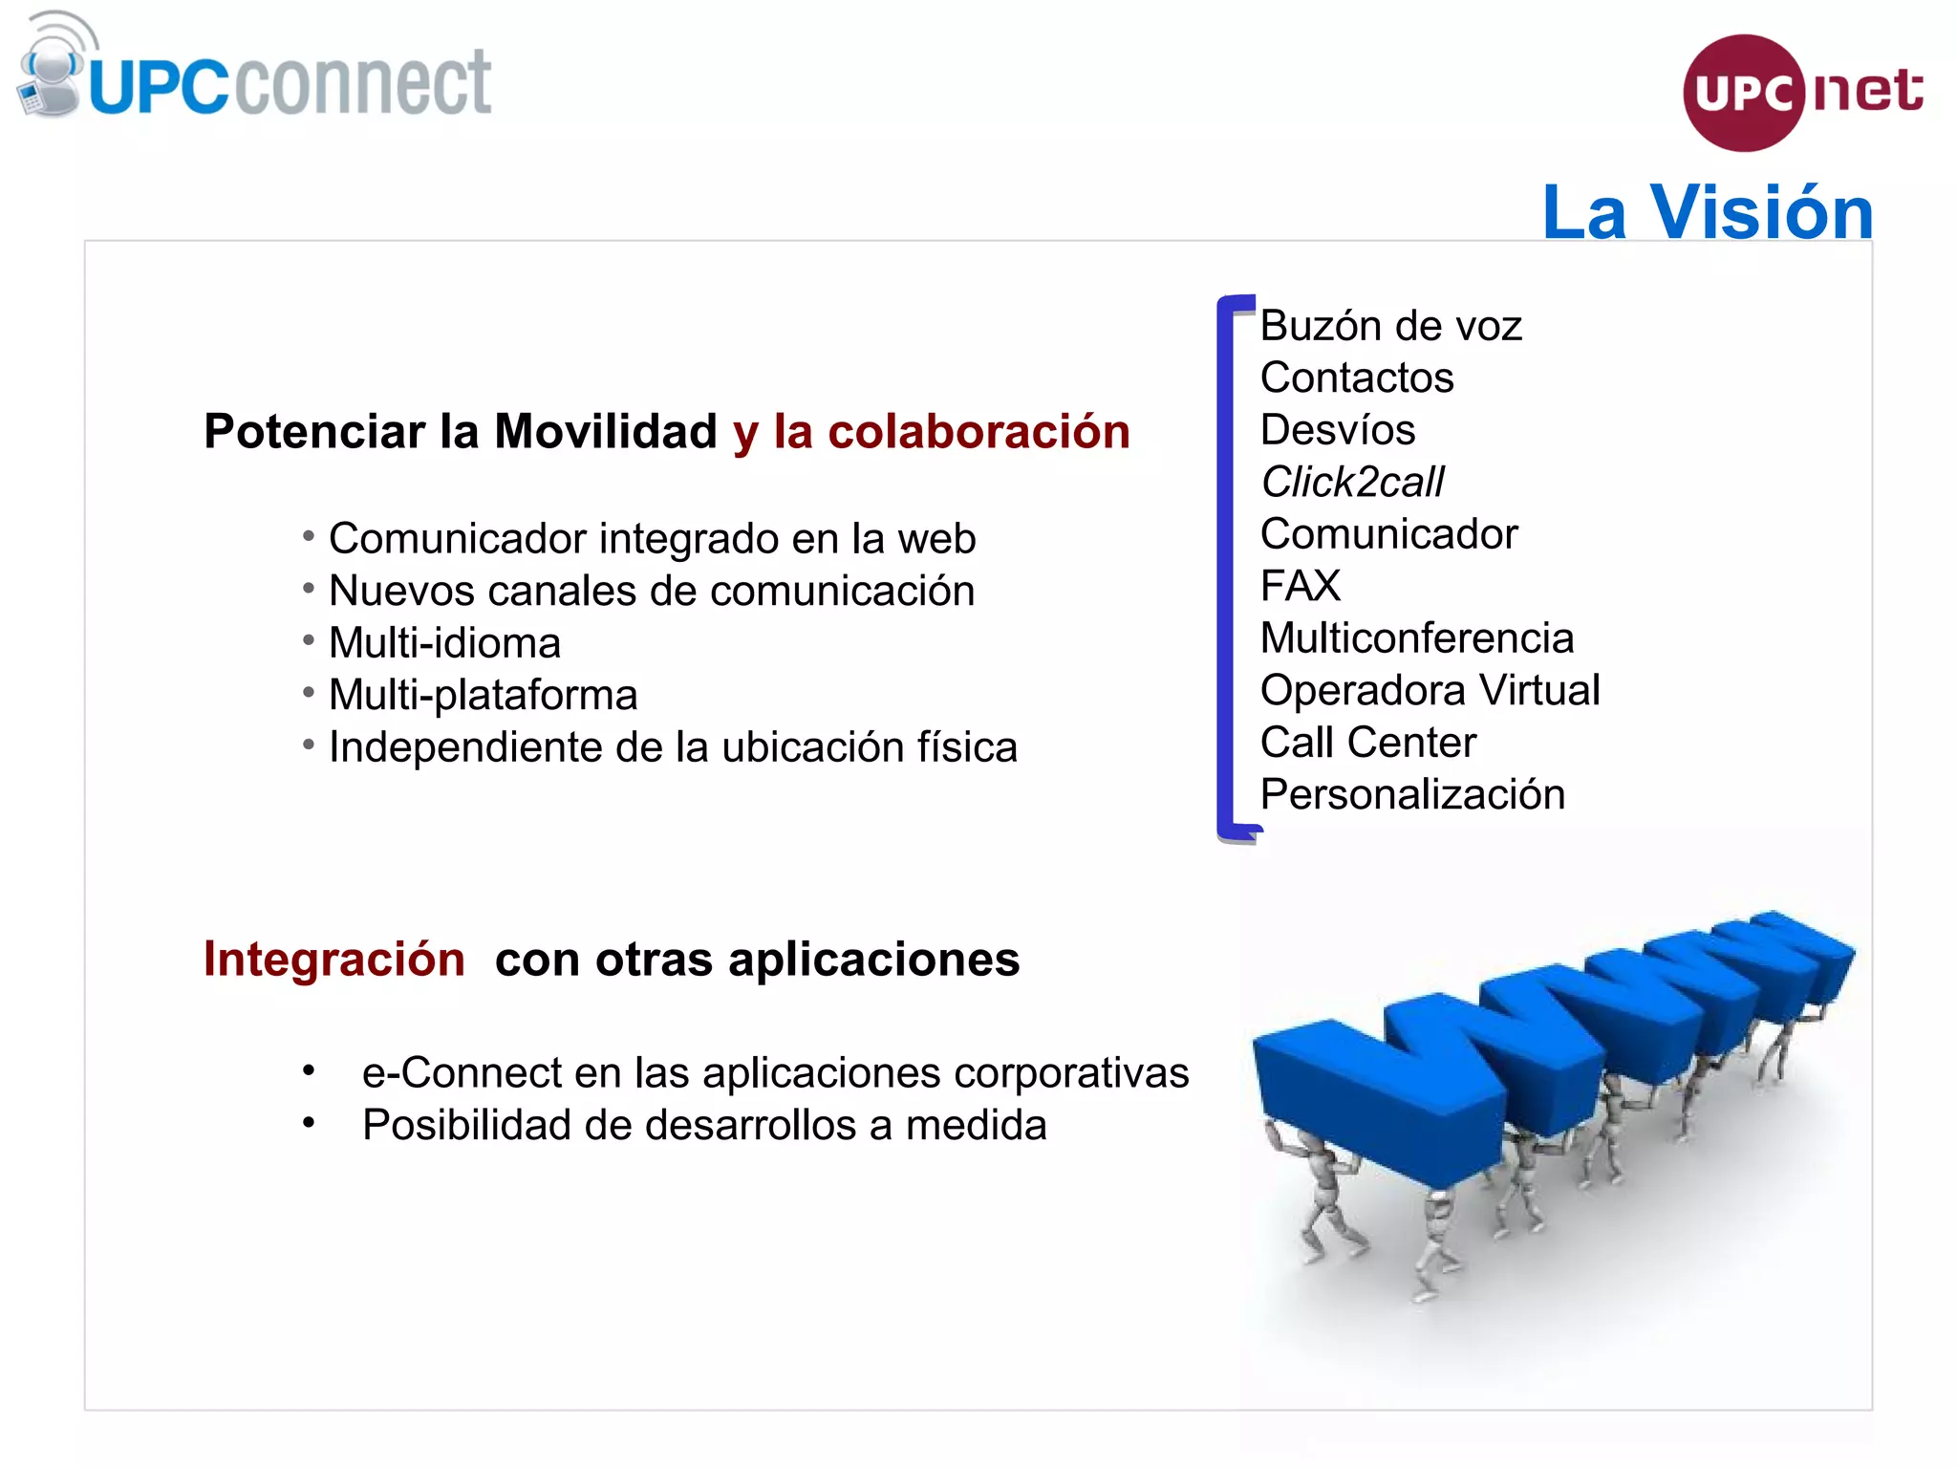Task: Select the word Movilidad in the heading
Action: point(605,431)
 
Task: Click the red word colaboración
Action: point(978,431)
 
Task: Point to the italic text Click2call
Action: point(1351,482)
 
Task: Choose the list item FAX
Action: point(1300,586)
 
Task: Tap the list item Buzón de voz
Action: point(1389,326)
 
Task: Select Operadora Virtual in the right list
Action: point(1429,690)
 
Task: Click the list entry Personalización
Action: point(1411,794)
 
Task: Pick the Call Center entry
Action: point(1367,743)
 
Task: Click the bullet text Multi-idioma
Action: point(444,643)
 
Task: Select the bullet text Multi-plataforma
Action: point(483,695)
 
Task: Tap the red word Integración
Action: point(333,959)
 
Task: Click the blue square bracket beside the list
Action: point(1226,570)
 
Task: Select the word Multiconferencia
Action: point(1416,638)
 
